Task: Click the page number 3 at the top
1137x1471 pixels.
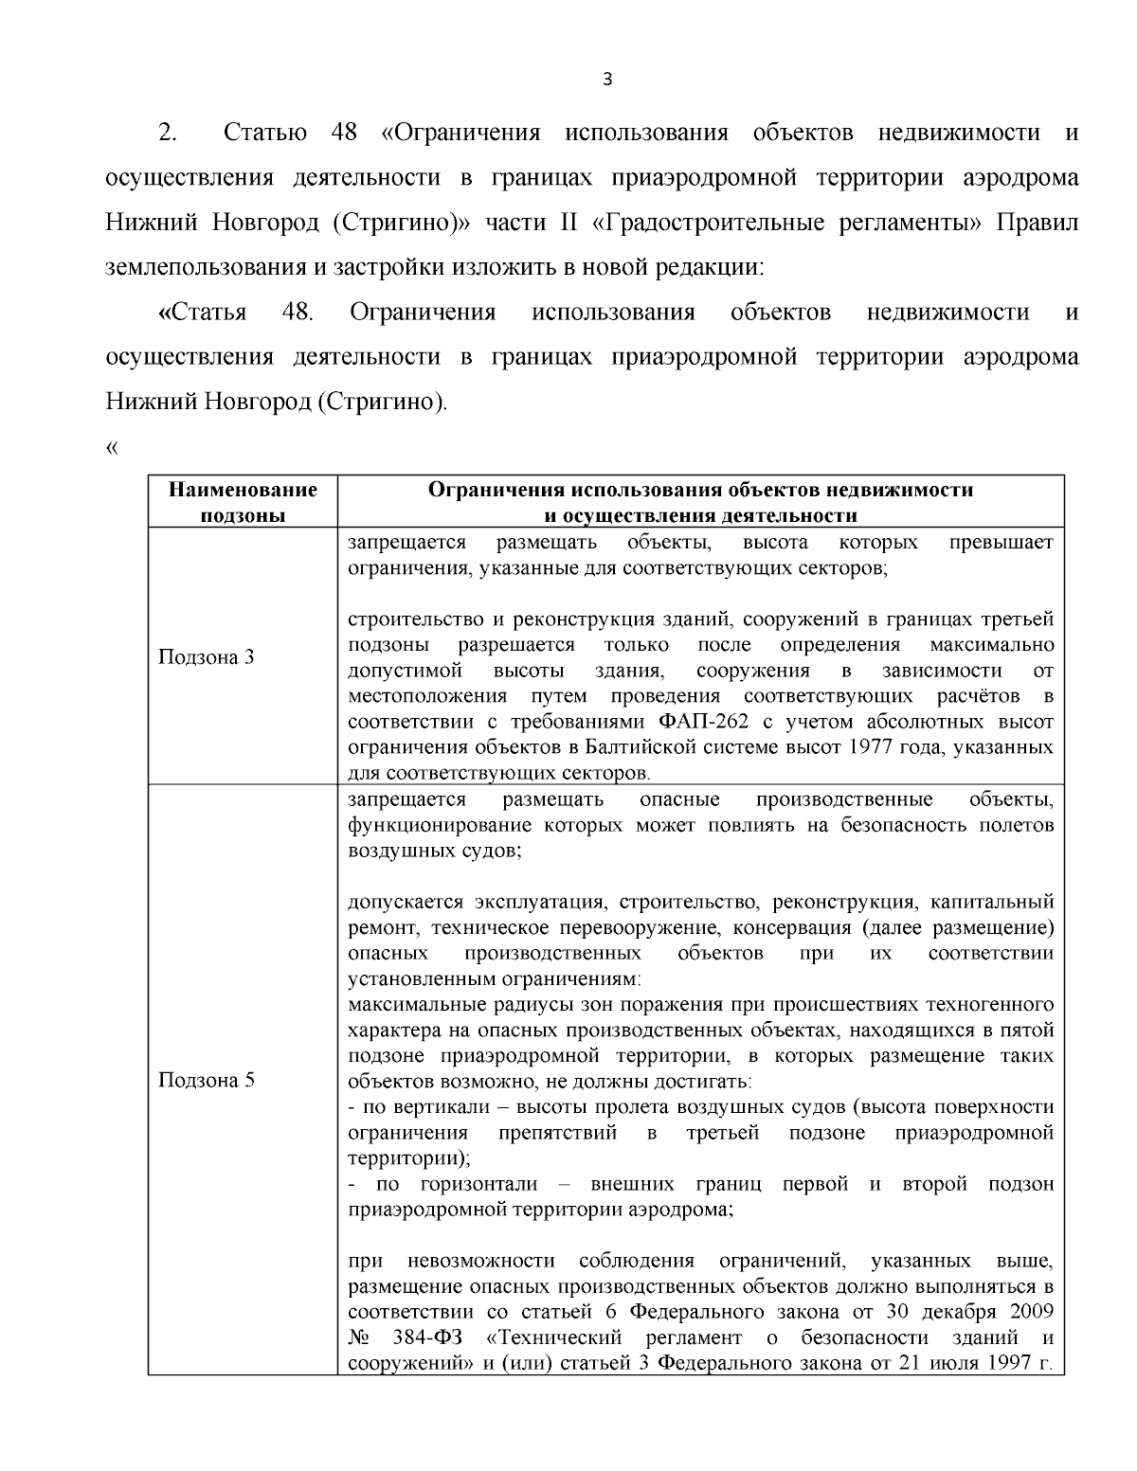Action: click(607, 80)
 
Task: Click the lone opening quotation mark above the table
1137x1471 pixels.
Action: click(112, 448)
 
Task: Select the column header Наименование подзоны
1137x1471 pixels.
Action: click(243, 502)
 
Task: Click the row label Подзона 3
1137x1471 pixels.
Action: click(206, 657)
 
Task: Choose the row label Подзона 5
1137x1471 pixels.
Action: click(206, 1081)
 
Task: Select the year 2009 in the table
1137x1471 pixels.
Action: click(1029, 1313)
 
